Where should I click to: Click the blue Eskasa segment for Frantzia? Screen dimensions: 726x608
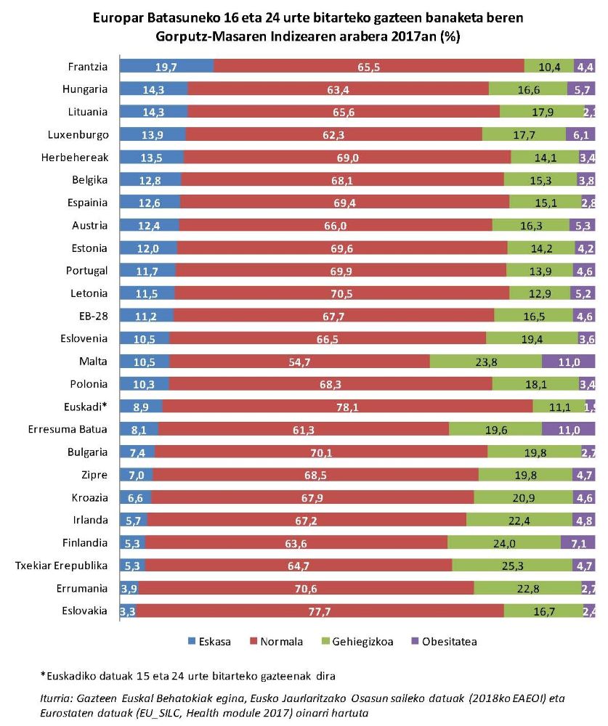[x=166, y=67]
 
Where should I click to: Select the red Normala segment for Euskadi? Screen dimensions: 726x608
[x=347, y=407]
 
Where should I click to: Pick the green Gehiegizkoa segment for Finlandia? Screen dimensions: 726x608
[x=504, y=542]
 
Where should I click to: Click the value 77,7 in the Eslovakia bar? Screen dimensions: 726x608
[x=320, y=611]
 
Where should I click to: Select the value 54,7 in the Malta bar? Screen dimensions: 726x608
[x=300, y=362]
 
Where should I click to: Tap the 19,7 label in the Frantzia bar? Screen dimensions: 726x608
[x=166, y=67]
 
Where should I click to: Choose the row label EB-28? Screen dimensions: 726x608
[x=92, y=316]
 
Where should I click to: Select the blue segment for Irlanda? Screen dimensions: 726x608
[x=133, y=520]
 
